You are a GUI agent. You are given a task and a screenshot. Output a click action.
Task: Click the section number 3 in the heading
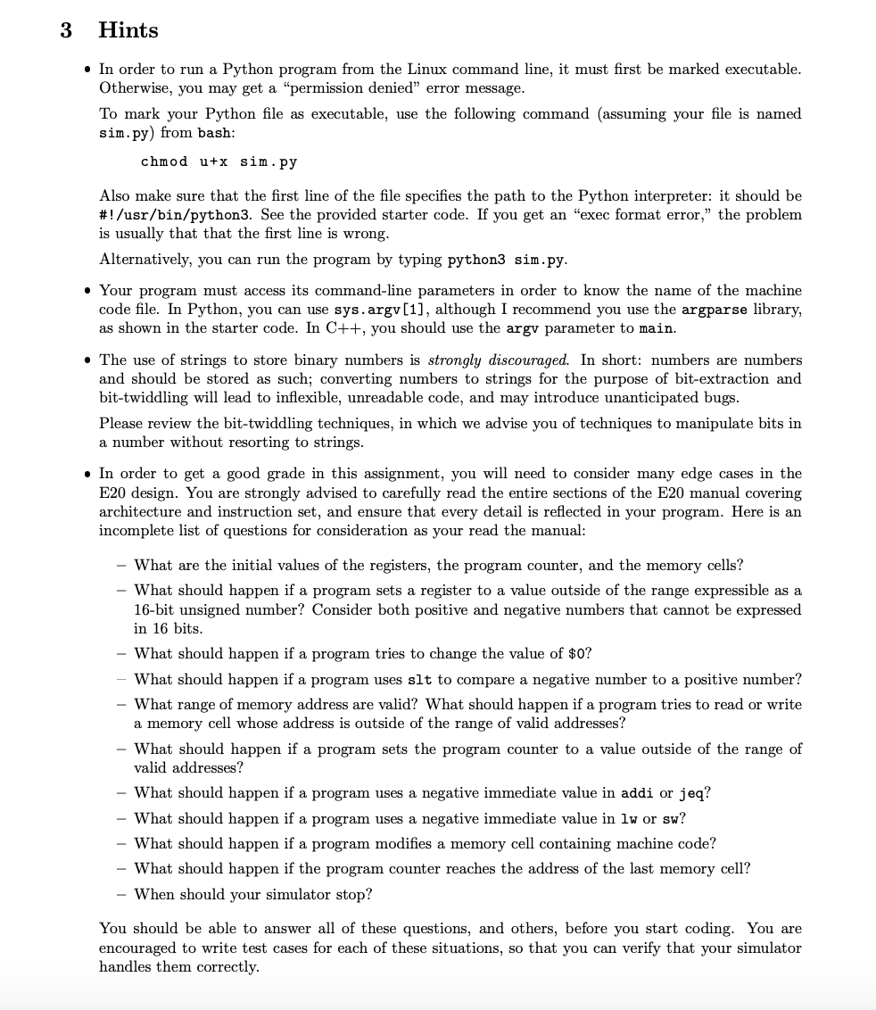(x=65, y=30)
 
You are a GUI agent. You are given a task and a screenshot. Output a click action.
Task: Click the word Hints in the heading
(x=128, y=30)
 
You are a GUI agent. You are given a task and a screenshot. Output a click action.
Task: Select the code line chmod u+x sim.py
(x=219, y=161)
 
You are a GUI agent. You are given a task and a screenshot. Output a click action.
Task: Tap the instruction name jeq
(x=693, y=793)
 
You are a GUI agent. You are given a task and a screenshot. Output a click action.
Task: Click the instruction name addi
(x=637, y=793)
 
